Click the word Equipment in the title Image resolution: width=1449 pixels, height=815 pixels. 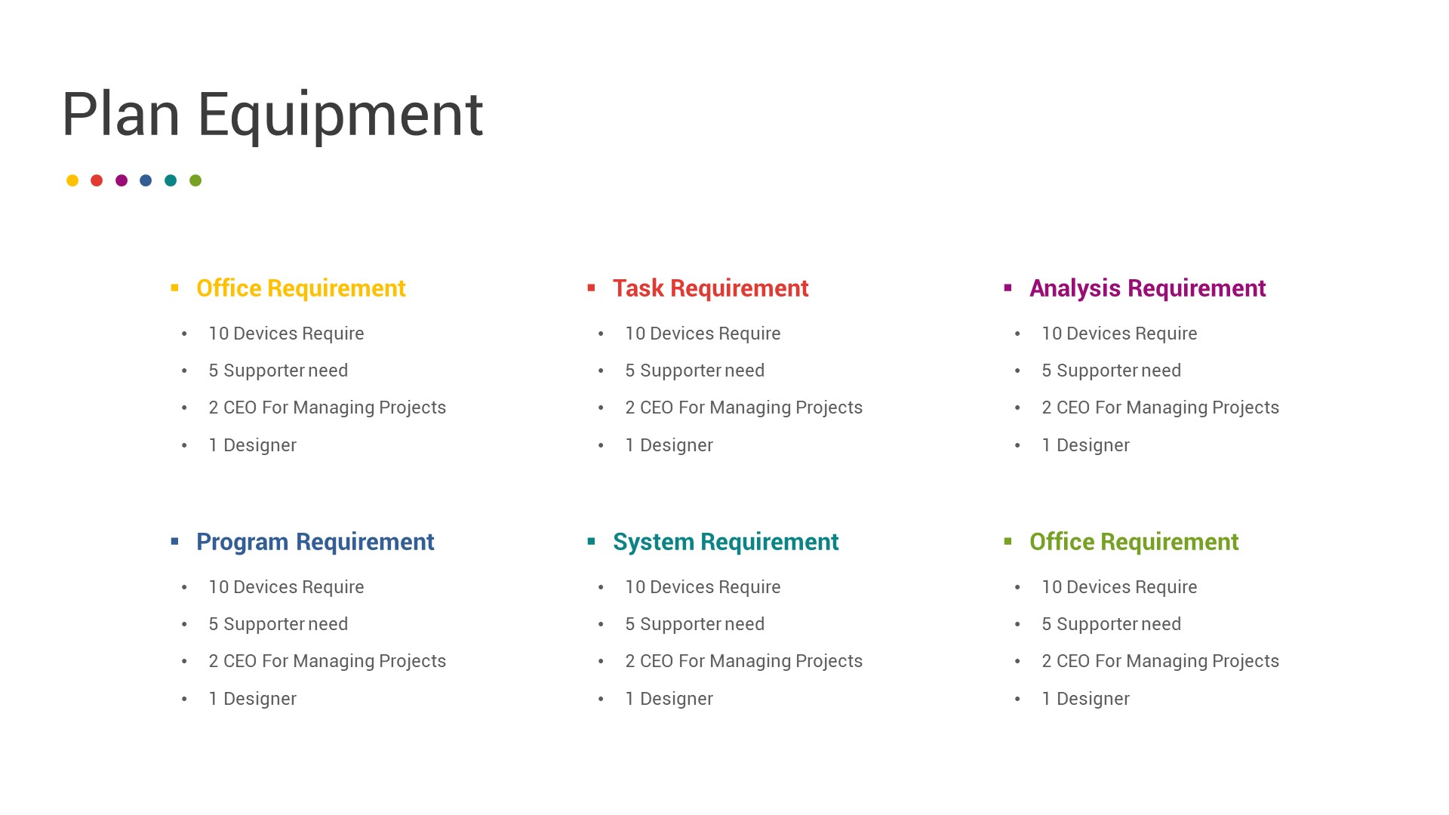(340, 115)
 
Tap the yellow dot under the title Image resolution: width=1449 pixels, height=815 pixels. (72, 180)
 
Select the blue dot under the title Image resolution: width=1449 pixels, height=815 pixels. (146, 180)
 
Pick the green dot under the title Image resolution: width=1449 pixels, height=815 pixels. (195, 180)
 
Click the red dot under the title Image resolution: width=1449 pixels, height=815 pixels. (97, 180)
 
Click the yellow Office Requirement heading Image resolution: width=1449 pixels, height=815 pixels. (301, 288)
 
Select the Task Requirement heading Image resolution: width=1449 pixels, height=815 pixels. (710, 288)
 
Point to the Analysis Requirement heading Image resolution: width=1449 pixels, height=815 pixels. (1147, 288)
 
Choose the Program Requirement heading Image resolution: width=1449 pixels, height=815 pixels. (315, 542)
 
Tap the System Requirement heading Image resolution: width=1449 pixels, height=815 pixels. (725, 542)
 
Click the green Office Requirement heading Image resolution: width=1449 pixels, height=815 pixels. (1134, 542)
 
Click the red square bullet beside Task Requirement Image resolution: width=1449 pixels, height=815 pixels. (592, 288)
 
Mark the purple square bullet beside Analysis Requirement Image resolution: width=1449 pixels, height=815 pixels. (1008, 288)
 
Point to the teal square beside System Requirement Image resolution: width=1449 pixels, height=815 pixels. (592, 541)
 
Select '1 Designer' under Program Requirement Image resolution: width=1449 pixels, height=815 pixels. (252, 699)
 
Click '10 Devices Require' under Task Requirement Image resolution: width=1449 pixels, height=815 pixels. (703, 334)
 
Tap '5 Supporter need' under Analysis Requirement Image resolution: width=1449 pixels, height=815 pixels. (1111, 371)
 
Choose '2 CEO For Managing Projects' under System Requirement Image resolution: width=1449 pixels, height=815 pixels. (743, 661)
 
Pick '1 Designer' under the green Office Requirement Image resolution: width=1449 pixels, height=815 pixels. (1085, 699)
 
